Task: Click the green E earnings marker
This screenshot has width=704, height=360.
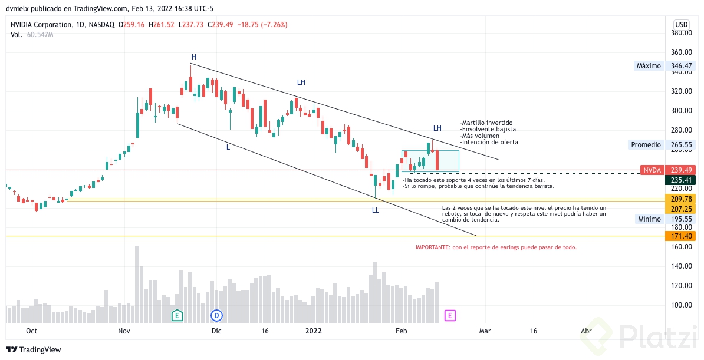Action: [177, 315]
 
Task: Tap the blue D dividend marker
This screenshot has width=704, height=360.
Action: [217, 315]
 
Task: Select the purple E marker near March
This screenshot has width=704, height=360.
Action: [450, 315]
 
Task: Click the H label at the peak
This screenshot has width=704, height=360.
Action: [193, 57]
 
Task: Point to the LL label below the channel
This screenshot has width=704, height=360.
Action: [376, 210]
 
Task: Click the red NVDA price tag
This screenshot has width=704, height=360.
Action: [652, 170]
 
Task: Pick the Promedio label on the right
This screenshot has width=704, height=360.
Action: [646, 144]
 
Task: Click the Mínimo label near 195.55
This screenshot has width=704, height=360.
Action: [649, 219]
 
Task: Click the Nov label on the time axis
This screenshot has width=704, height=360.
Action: [124, 331]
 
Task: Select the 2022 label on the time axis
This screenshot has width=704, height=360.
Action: [313, 331]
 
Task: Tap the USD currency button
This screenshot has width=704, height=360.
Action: [681, 24]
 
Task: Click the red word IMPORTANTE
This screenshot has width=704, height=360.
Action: [433, 247]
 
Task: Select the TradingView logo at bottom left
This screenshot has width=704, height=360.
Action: [34, 349]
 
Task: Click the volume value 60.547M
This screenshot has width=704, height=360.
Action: [40, 35]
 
